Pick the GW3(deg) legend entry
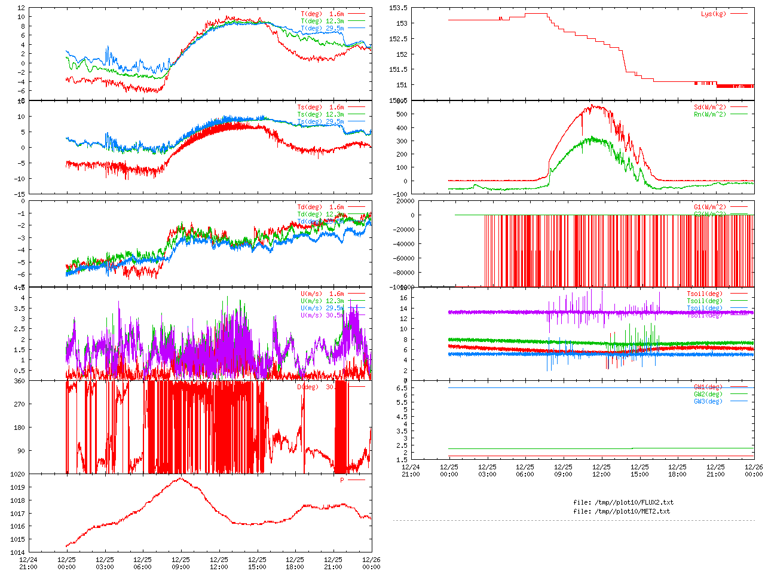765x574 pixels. pos(708,402)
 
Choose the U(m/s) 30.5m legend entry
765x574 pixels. pos(322,316)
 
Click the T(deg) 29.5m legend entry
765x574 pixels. pos(322,29)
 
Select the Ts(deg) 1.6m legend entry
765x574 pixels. pos(320,108)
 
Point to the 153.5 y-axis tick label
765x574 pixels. pos(398,8)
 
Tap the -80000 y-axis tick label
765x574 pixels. pos(403,273)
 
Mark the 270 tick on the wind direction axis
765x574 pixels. pos(20,404)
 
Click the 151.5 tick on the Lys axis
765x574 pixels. pos(398,70)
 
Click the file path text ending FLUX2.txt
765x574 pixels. pos(623,502)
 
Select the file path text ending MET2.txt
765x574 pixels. pos(622,511)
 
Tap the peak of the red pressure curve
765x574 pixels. pos(180,478)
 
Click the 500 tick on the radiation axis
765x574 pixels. pos(402,114)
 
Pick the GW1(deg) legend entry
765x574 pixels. pos(708,387)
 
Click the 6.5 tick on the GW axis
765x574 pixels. pos(402,388)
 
